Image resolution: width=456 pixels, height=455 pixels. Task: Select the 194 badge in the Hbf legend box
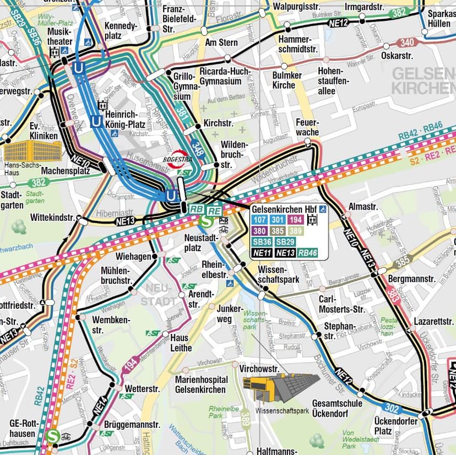[295, 220]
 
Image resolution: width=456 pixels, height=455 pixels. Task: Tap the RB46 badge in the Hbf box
[308, 252]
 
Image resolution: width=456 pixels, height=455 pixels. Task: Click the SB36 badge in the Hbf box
[261, 242]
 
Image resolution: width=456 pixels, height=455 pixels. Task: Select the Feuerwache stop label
[308, 127]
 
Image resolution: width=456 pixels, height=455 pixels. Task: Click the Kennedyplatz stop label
[120, 31]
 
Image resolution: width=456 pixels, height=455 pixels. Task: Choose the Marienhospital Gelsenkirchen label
[201, 384]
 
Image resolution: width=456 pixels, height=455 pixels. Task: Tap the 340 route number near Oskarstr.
[407, 42]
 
